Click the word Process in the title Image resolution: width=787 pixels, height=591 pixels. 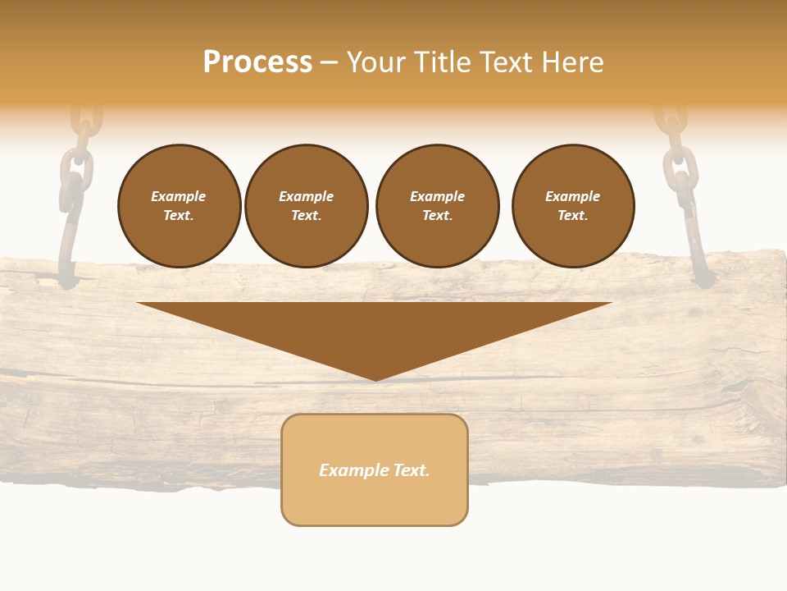[x=257, y=62]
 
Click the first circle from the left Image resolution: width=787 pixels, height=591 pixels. [x=180, y=206]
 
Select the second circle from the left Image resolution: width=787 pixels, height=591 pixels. [x=307, y=206]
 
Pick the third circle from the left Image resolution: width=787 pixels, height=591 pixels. [x=438, y=206]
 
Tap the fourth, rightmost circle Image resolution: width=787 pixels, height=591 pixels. [x=573, y=206]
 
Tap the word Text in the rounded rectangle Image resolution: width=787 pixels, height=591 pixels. [x=411, y=470]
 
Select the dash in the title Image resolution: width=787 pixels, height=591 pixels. [x=329, y=62]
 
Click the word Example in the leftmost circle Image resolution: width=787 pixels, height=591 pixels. [x=179, y=196]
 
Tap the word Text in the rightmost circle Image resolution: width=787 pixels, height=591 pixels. [x=572, y=215]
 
